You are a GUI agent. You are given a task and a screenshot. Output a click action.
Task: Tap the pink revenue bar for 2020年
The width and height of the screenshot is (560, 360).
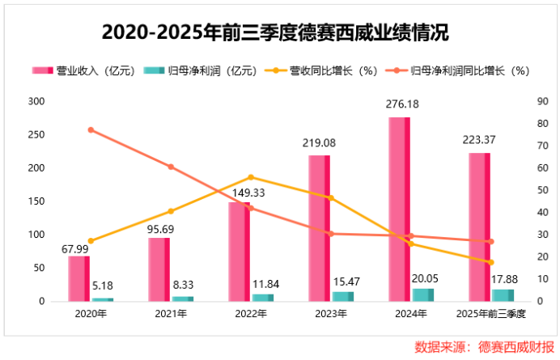click(x=78, y=278)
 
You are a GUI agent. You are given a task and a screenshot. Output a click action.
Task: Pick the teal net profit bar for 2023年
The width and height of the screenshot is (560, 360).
click(x=343, y=296)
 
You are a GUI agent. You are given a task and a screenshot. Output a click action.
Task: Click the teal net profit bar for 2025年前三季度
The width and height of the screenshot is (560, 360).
click(x=503, y=295)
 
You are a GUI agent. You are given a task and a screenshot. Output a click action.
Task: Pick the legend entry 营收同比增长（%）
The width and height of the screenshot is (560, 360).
click(x=325, y=70)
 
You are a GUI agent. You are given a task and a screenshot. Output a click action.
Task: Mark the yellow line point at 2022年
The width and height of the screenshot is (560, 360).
click(x=251, y=177)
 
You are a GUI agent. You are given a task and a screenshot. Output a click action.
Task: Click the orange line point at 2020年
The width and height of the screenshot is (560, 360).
click(x=91, y=130)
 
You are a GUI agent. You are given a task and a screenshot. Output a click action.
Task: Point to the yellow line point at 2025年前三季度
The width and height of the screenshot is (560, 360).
click(x=490, y=262)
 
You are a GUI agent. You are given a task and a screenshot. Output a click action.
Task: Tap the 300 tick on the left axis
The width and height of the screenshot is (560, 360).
click(x=35, y=101)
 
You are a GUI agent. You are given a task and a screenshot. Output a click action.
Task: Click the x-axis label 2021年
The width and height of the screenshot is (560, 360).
click(x=171, y=313)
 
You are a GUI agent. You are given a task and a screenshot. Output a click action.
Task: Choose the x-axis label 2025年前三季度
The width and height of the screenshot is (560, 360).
click(x=490, y=313)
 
